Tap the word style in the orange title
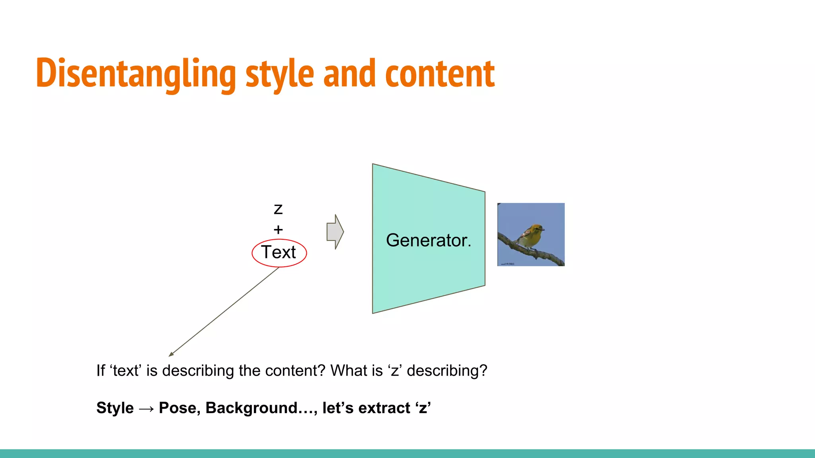pyautogui.click(x=280, y=74)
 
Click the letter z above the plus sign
pyautogui.click(x=278, y=209)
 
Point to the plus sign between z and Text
pyautogui.click(x=278, y=229)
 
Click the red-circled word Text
pyautogui.click(x=279, y=252)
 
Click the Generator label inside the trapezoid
pyautogui.click(x=428, y=240)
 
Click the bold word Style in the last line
pyautogui.click(x=115, y=408)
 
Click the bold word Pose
pyautogui.click(x=179, y=408)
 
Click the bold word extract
pyautogui.click(x=384, y=408)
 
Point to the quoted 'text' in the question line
pyautogui.click(x=126, y=371)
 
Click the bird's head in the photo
pyautogui.click(x=537, y=229)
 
